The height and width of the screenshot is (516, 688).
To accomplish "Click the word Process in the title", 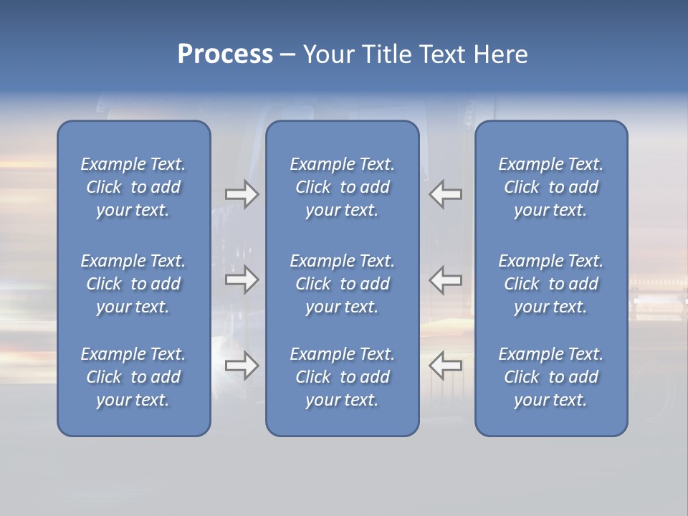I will [225, 54].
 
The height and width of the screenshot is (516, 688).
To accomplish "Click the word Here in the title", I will [500, 54].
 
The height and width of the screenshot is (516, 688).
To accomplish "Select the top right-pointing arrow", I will [242, 195].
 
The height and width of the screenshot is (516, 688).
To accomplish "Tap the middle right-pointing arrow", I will [242, 279].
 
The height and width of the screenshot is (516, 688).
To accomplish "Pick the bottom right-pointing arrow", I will [242, 365].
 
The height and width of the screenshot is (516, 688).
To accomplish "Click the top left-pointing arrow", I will [446, 195].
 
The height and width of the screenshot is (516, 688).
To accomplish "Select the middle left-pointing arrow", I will [446, 279].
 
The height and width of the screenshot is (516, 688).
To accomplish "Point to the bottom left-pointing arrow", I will [446, 365].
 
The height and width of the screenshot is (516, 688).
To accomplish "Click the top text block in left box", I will [133, 187].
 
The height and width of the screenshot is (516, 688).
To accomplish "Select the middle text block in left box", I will [133, 284].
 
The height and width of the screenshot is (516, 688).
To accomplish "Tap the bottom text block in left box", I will [133, 377].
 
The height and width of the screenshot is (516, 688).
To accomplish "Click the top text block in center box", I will [343, 187].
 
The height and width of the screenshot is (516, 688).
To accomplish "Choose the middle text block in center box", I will [343, 284].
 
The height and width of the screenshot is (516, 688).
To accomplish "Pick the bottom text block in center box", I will [343, 377].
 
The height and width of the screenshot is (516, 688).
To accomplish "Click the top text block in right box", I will [551, 187].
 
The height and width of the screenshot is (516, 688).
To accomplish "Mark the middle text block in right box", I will [551, 284].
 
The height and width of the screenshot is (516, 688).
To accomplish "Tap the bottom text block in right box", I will [551, 377].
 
